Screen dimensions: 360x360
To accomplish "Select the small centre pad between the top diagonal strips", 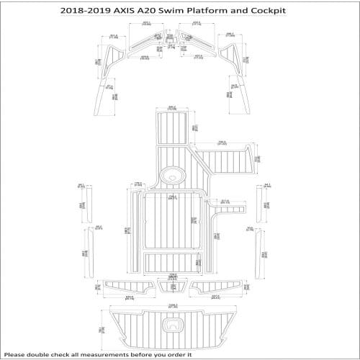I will point(173,44).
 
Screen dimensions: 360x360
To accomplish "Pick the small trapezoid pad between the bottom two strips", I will point(173,287).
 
